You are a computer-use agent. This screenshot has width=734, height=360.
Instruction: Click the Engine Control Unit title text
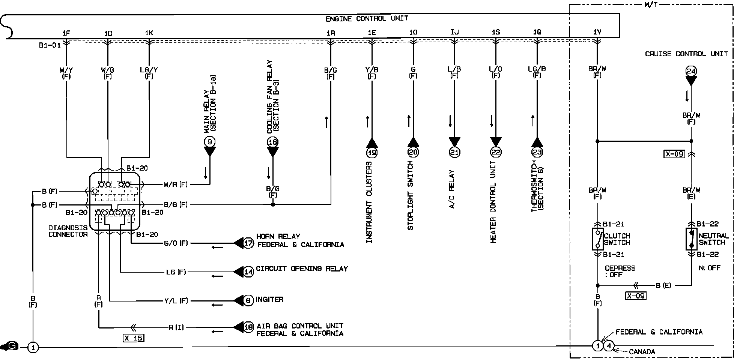pos(367,18)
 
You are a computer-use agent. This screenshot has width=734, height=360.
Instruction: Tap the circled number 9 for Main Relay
pos(210,142)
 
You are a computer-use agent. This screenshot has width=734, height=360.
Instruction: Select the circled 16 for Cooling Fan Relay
pos(273,142)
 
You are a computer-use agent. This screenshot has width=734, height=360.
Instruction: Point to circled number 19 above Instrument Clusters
pos(372,152)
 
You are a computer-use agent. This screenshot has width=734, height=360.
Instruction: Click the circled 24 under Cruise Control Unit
pos(691,71)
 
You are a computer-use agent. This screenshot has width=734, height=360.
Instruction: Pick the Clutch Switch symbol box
pos(597,239)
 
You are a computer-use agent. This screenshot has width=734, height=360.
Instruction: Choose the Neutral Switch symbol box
pos(691,239)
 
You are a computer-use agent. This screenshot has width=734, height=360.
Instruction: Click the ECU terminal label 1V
pos(597,32)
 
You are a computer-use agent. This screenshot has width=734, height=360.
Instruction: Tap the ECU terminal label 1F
pos(66,33)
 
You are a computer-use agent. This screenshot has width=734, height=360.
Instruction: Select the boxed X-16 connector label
pos(133,338)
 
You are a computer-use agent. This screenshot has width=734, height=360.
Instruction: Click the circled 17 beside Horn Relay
pos(248,243)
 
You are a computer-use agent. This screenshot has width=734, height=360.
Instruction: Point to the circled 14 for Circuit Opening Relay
pos(248,272)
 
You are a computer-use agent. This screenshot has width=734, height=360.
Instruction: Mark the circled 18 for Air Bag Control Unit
pos(248,327)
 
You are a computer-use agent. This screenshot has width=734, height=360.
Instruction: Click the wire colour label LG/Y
pos(149,69)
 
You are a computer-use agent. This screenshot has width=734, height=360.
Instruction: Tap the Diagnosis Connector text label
pos(68,231)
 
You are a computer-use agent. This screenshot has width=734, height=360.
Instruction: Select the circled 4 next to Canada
pos(608,346)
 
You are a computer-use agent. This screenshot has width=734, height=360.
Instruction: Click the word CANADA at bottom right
pos(642,352)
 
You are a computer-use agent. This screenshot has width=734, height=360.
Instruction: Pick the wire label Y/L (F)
pos(176,301)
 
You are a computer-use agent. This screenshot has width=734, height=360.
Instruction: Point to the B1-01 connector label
pos(50,46)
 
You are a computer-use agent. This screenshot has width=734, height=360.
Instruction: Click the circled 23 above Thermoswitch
pos(537,152)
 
